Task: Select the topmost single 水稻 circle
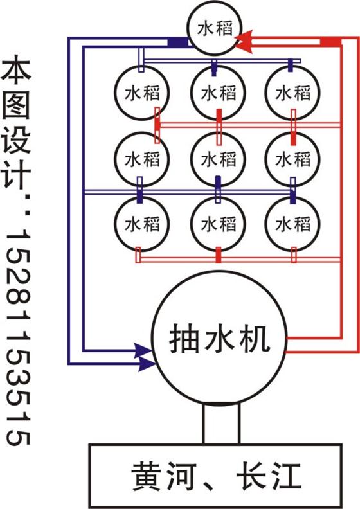pyautogui.click(x=215, y=28)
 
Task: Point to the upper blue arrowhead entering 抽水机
pyautogui.click(x=143, y=351)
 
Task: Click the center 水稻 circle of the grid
pyautogui.click(x=218, y=159)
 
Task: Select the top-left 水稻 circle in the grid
pyautogui.click(x=142, y=93)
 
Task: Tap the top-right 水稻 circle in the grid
pyautogui.click(x=292, y=93)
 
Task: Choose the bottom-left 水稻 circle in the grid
pyautogui.click(x=142, y=224)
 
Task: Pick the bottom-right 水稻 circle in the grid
pyautogui.click(x=292, y=224)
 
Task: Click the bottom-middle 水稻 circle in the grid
pyautogui.click(x=218, y=224)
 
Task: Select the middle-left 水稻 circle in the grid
pyautogui.click(x=142, y=159)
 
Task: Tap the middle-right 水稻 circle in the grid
pyautogui.click(x=292, y=159)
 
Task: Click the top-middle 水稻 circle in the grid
pyautogui.click(x=218, y=93)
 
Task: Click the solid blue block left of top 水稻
pyautogui.click(x=178, y=42)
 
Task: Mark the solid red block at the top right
pyautogui.click(x=331, y=42)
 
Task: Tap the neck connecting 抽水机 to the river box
pyautogui.click(x=221, y=424)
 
